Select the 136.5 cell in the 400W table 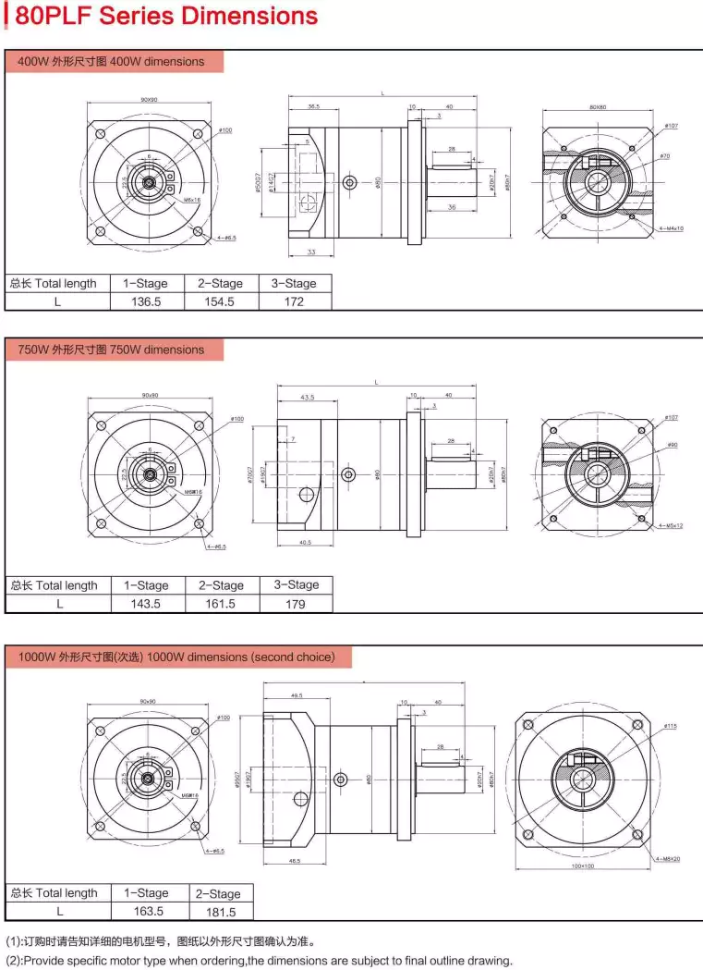147,301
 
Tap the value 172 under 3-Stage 294,301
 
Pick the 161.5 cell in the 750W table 221,604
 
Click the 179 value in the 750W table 295,604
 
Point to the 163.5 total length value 147,911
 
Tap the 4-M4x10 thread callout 671,227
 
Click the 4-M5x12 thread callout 671,525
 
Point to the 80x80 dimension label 598,107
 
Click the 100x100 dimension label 582,868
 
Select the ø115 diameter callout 670,727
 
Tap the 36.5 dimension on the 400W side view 314,106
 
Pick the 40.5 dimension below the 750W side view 306,543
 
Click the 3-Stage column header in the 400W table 294,283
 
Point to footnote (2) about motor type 259,960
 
